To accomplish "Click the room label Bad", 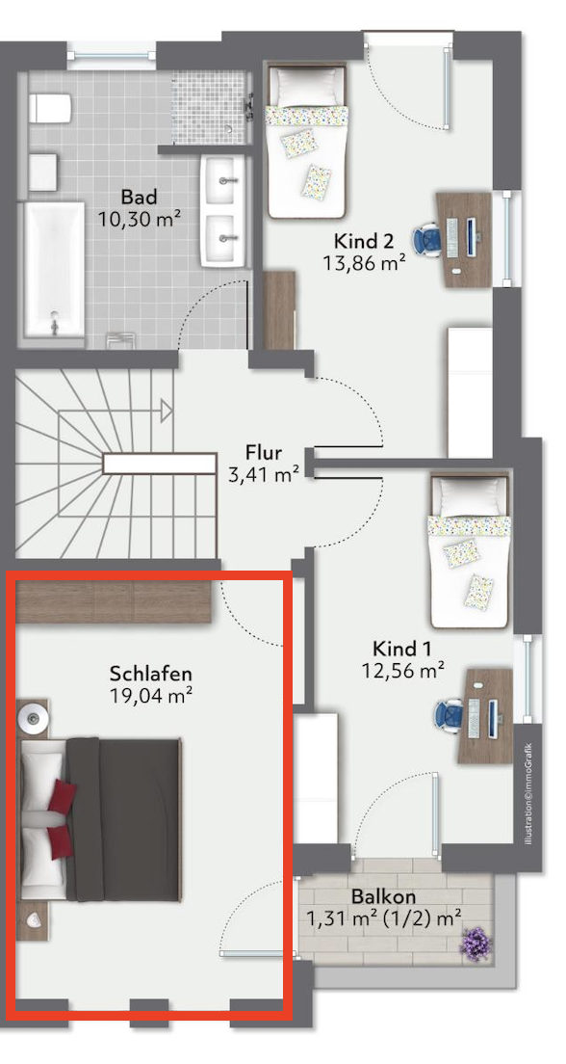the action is [x=139, y=198].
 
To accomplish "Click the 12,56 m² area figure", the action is [x=402, y=671].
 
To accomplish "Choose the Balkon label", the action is [x=383, y=897].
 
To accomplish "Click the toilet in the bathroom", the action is [x=50, y=108].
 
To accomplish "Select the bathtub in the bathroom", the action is [x=54, y=269].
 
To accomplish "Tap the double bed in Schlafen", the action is [x=100, y=820].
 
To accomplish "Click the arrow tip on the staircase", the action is [x=170, y=410].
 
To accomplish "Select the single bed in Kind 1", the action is [x=469, y=550].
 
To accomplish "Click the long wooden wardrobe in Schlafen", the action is [x=114, y=602].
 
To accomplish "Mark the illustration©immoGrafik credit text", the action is [x=529, y=794].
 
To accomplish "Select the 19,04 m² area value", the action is [x=150, y=695].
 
